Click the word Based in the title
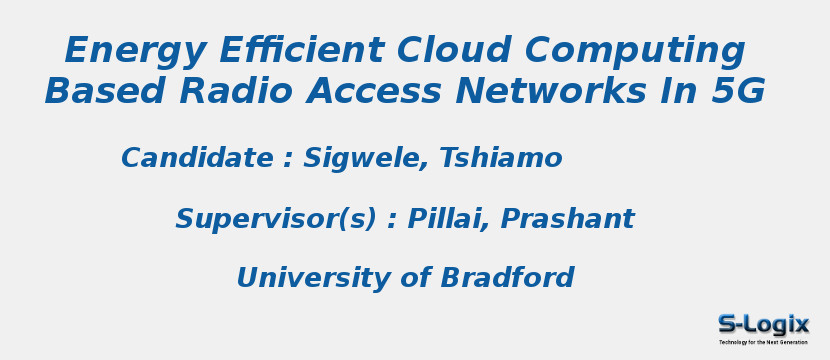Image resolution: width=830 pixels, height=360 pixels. pos(105,92)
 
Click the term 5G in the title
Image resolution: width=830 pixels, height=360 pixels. pos(739,92)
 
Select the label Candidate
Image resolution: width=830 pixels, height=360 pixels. pos(197,159)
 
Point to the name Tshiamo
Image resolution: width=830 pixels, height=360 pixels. pos(500,159)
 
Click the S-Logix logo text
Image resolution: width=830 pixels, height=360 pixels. pos(763,324)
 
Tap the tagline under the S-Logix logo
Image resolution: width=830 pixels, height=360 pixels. pos(763,342)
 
